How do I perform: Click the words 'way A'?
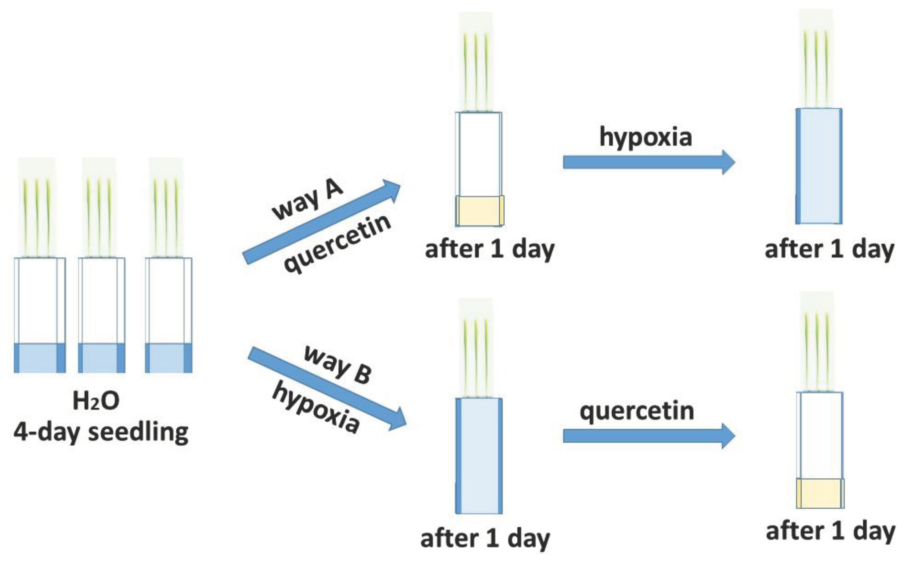307,201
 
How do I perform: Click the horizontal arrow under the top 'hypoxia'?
649,162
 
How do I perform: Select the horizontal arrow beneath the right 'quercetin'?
649,435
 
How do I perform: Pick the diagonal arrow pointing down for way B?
327,388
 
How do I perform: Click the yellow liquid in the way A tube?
480,211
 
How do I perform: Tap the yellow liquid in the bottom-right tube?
820,493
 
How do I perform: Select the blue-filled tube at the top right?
819,166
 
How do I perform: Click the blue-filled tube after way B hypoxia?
479,456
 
